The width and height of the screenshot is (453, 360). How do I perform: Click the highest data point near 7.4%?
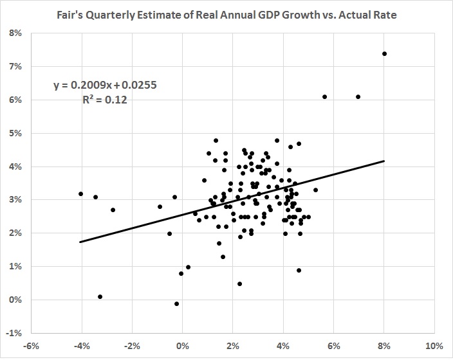(384, 53)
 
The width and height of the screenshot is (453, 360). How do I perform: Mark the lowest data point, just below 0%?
(177, 303)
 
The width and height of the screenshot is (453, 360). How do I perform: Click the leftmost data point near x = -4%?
(81, 194)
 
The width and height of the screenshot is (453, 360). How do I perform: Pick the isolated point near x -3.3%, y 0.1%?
(100, 296)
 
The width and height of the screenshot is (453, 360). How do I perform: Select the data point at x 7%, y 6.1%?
(358, 96)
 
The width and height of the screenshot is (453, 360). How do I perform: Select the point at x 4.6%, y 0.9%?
(299, 270)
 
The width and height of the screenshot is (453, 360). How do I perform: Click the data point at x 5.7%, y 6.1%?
(325, 96)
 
